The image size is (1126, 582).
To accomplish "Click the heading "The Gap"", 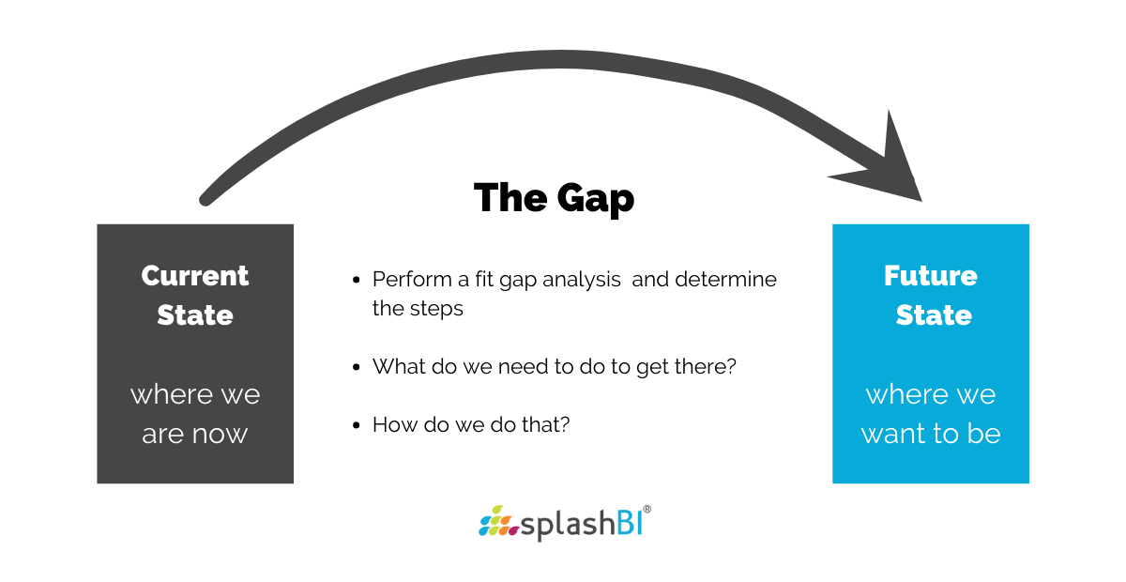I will point(554,198).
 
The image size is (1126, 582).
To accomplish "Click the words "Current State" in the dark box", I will point(195,296).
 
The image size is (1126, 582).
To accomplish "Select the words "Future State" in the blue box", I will point(931,296).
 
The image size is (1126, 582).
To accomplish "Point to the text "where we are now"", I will point(195,413).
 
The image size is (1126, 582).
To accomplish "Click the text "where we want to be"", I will point(931,413).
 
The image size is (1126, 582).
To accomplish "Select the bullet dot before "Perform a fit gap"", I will point(357,281).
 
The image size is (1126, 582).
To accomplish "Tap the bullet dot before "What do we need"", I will point(357,368).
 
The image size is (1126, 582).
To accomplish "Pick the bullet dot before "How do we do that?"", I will point(357,426).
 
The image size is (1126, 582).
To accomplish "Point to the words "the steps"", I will point(418,309).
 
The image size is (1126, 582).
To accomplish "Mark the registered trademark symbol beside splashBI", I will point(647,510).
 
